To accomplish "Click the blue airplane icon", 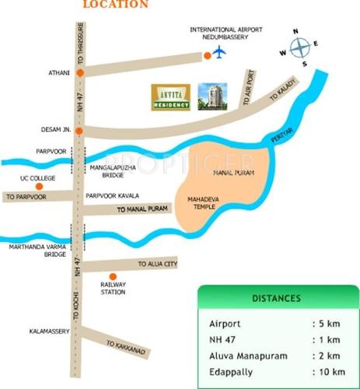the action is click(219, 53).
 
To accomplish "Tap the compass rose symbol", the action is click(299, 48).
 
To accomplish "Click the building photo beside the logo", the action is click(211, 97).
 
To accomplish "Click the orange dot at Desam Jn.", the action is click(79, 131).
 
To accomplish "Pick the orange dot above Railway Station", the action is click(114, 276).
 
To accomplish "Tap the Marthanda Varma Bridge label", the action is click(33, 252).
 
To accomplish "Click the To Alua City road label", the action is click(158, 265).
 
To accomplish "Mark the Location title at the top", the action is click(115, 5).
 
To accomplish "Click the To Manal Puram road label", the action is click(142, 210).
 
